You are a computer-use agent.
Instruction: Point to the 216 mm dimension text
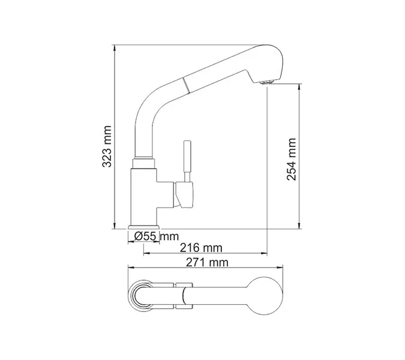(202, 248)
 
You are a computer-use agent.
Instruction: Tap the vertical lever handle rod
(187, 160)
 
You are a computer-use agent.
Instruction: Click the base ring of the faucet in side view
(142, 227)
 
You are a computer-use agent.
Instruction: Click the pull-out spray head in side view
(234, 67)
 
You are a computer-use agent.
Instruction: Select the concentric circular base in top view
(143, 295)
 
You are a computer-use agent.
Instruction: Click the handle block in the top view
(184, 295)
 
